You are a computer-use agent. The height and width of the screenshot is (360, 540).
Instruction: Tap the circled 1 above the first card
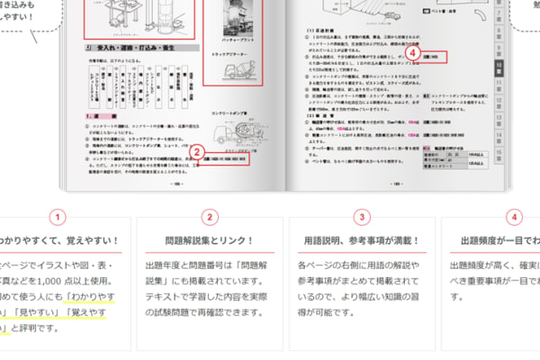(58, 217)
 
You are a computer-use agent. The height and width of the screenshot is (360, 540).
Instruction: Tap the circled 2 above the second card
(209, 217)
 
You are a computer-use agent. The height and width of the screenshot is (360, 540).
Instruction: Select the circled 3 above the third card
(362, 217)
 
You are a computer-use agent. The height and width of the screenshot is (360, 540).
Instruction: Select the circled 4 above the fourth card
(514, 217)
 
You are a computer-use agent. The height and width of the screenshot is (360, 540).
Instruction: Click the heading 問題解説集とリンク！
(209, 240)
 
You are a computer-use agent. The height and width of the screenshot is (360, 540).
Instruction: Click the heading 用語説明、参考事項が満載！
(362, 240)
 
